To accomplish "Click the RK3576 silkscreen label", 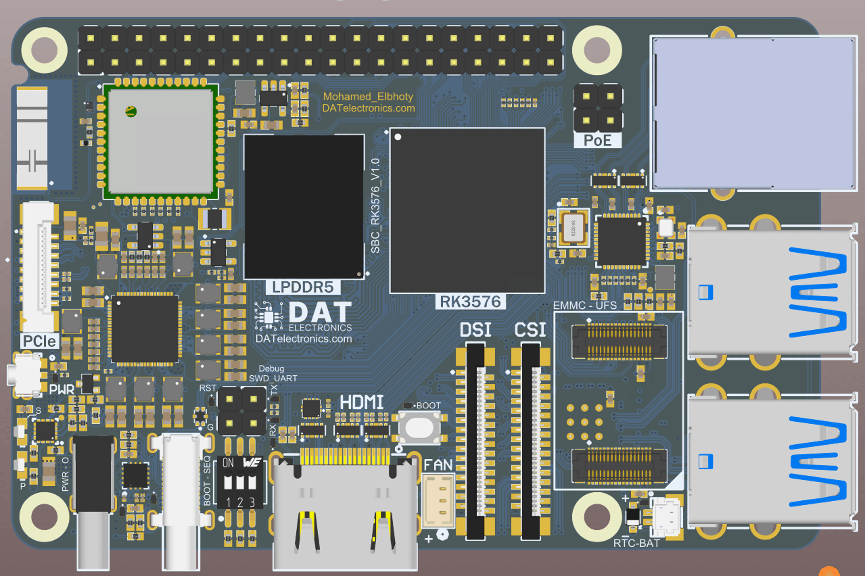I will tap(470, 302).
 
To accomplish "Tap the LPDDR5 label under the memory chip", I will tap(302, 287).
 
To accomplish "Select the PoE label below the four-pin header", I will tap(597, 141).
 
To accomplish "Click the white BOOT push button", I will tap(419, 427).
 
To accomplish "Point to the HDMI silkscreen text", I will tap(361, 402).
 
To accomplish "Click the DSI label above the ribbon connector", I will tap(475, 330).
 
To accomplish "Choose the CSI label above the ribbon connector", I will tap(530, 330).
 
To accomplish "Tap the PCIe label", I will tap(39, 341).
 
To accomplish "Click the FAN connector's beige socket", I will tap(438, 501).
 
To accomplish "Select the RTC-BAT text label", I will tap(636, 543).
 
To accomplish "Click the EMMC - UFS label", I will tap(585, 305).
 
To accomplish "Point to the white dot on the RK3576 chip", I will tap(398, 137).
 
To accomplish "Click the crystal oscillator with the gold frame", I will tap(573, 228).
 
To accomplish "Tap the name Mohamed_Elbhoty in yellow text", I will tap(368, 96).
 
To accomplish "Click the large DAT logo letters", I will tap(320, 312).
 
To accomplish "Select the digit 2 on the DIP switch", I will tap(240, 502).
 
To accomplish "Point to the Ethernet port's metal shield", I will tap(754, 113).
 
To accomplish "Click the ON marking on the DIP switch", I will tap(228, 463).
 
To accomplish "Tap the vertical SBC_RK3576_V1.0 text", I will tap(375, 206).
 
